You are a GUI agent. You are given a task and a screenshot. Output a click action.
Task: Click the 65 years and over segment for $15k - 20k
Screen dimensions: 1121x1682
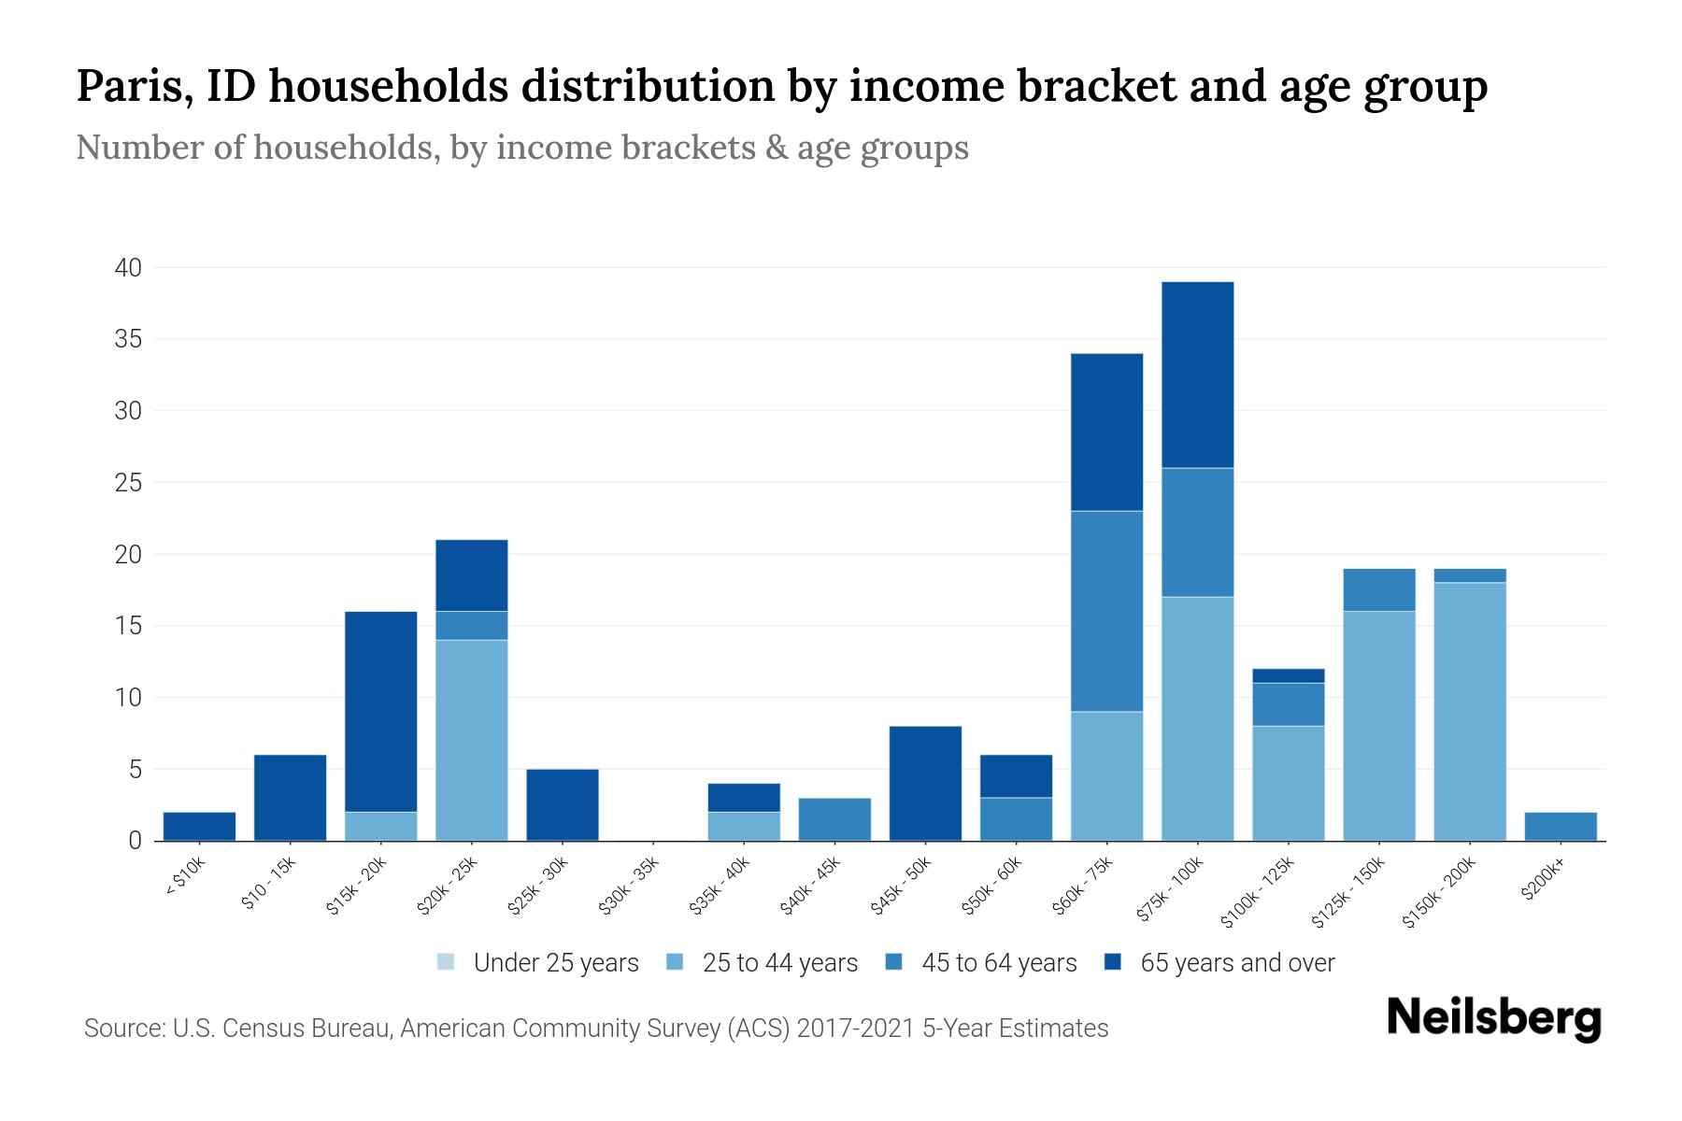pyautogui.click(x=381, y=711)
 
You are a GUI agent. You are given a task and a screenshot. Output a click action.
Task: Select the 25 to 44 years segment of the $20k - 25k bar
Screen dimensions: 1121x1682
pyautogui.click(x=472, y=740)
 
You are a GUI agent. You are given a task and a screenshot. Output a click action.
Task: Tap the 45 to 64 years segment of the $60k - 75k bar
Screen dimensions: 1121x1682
pyautogui.click(x=1106, y=611)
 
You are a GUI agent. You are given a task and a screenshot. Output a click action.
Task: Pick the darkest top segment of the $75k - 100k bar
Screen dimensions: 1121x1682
pyautogui.click(x=1197, y=375)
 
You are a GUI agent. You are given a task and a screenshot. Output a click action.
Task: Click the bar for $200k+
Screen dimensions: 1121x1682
pyautogui.click(x=1561, y=827)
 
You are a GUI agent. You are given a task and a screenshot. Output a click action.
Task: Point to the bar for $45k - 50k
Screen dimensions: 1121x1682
pyautogui.click(x=925, y=783)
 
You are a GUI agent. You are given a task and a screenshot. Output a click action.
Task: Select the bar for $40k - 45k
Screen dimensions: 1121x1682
pyautogui.click(x=834, y=819)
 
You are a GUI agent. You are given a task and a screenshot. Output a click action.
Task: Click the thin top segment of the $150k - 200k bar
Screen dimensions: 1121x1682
pyautogui.click(x=1470, y=575)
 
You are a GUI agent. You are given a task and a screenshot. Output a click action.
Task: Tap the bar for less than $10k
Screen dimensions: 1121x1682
pyautogui.click(x=199, y=827)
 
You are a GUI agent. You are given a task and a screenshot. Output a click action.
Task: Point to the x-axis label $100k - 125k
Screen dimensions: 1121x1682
pyautogui.click(x=1258, y=892)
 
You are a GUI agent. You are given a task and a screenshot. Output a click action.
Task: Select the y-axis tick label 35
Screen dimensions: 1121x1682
pyautogui.click(x=128, y=339)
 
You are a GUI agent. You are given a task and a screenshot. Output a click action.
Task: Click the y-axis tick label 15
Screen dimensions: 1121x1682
pyautogui.click(x=128, y=626)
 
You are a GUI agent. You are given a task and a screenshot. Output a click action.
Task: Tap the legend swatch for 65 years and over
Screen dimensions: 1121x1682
pyautogui.click(x=1113, y=962)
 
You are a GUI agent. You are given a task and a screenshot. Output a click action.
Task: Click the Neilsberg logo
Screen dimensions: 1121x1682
pyautogui.click(x=1493, y=1018)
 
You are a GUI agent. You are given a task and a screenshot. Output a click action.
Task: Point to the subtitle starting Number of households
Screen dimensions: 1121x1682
pyautogui.click(x=521, y=148)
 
